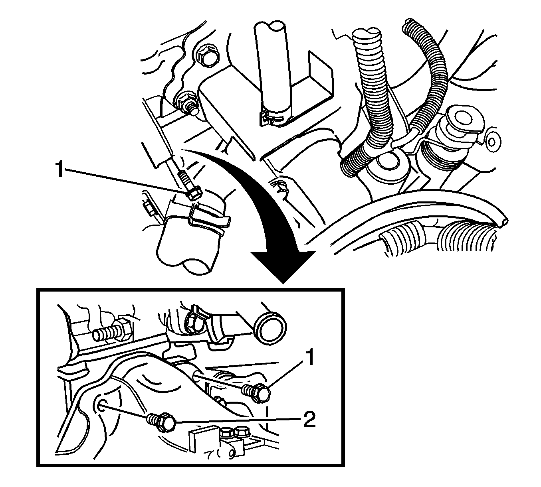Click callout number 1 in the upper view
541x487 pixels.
pos(59,169)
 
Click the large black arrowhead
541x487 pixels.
pos(283,266)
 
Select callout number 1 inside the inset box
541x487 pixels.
pos(310,357)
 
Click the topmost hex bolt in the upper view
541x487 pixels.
pos(207,57)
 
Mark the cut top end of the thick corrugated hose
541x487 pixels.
pos(367,34)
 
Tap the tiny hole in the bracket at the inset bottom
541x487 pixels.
pos(232,455)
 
